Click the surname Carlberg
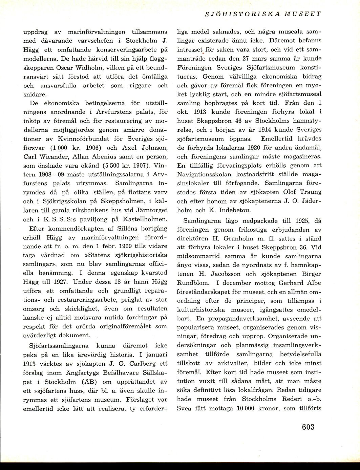point(127,364)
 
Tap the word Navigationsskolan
point(204,174)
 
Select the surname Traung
point(309,192)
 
